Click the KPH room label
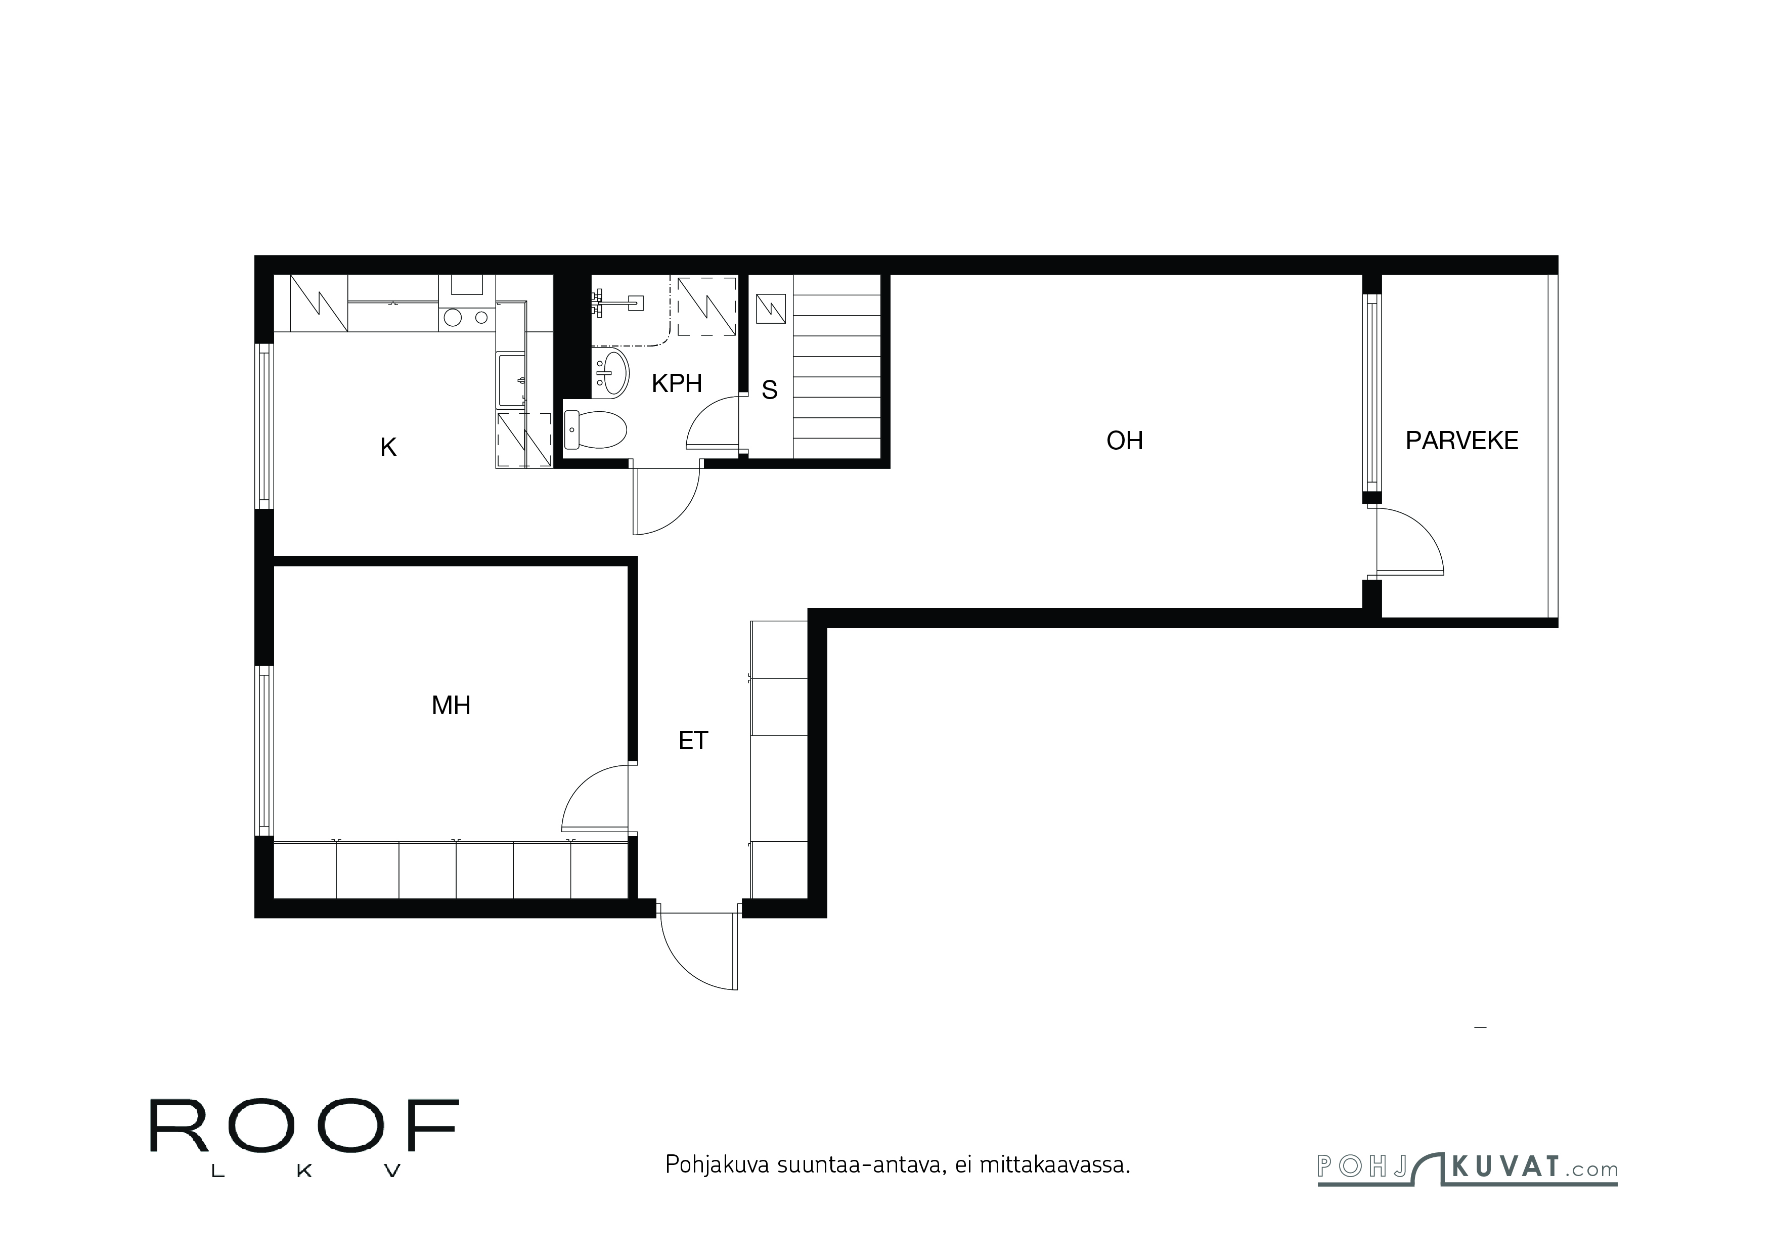(x=677, y=383)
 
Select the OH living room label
(x=1124, y=441)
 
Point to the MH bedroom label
(x=451, y=705)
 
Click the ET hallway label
(x=693, y=741)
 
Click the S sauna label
(x=770, y=390)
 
